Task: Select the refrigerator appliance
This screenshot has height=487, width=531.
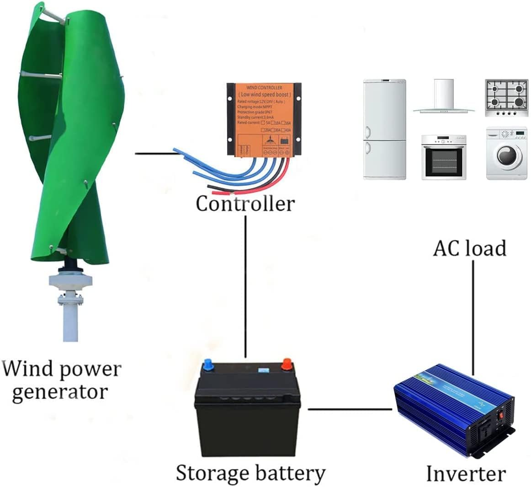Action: (x=385, y=129)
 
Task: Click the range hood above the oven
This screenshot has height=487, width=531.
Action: (x=444, y=98)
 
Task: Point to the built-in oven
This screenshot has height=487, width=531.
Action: (x=444, y=157)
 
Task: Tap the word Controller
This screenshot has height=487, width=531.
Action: (x=245, y=203)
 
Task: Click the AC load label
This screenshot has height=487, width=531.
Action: (x=469, y=248)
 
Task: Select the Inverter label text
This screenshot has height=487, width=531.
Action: (x=466, y=474)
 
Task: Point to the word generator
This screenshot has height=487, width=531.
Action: (x=60, y=392)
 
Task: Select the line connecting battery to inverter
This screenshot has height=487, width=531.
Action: (x=350, y=409)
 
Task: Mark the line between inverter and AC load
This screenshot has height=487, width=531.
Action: (x=473, y=316)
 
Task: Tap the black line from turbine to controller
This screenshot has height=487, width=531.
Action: (x=155, y=154)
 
